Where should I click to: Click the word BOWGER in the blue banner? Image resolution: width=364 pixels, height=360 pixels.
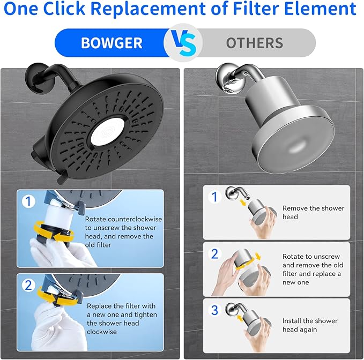coord(112,43)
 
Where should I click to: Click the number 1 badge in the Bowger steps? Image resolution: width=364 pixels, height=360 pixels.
coord(28,202)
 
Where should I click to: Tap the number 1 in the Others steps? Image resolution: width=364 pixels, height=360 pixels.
coord(214,197)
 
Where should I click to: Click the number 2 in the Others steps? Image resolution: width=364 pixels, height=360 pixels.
coord(214,254)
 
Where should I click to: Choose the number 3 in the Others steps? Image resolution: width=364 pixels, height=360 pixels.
coord(214,310)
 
